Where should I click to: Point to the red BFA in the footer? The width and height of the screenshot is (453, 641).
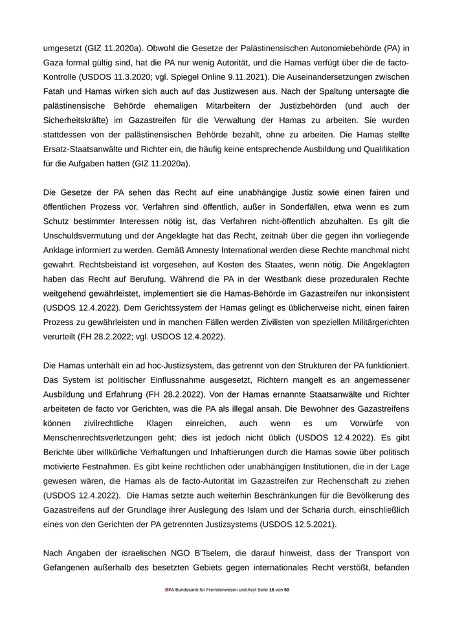pyautogui.click(x=170, y=609)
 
